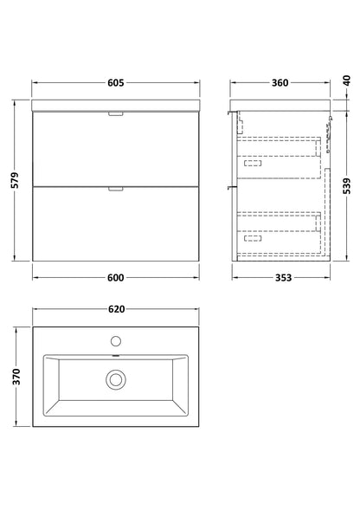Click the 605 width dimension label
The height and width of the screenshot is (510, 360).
click(116, 83)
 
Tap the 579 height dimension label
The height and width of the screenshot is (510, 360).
click(15, 180)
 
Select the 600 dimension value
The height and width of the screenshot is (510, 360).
click(116, 278)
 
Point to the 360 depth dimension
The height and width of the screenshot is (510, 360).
click(280, 83)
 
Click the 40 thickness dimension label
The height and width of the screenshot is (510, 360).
click(347, 81)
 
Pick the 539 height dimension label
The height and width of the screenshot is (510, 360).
click(347, 186)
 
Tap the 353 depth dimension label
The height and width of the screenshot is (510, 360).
click(283, 278)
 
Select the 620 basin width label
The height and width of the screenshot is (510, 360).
click(116, 309)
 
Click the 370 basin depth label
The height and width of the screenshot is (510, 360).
click(16, 377)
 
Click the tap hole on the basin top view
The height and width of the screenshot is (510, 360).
click(116, 341)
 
